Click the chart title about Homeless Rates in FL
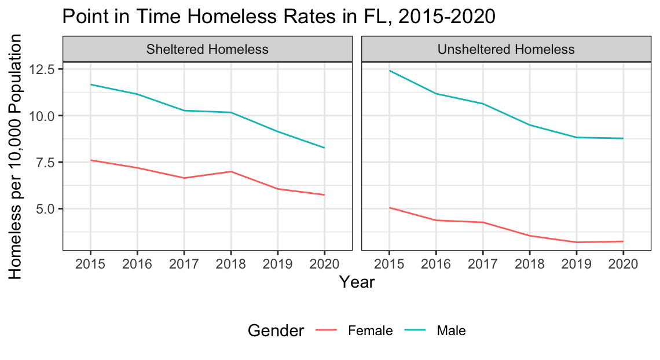(x=278, y=17)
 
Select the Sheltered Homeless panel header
(x=207, y=49)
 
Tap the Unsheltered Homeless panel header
(x=506, y=49)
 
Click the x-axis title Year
(x=357, y=282)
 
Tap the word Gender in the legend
(x=276, y=331)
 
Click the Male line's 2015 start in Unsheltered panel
(x=389, y=71)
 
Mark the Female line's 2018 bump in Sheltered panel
(x=230, y=171)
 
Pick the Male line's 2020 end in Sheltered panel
(x=324, y=148)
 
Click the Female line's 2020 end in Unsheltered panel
(x=623, y=241)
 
